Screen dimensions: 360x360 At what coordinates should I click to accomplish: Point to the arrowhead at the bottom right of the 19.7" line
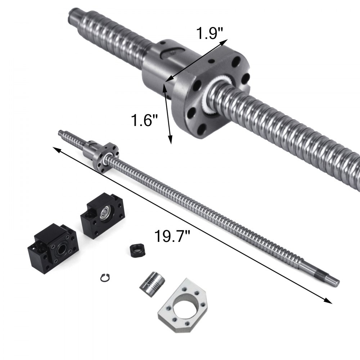tap(328, 302)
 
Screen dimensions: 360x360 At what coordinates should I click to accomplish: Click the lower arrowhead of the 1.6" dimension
tap(170, 140)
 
